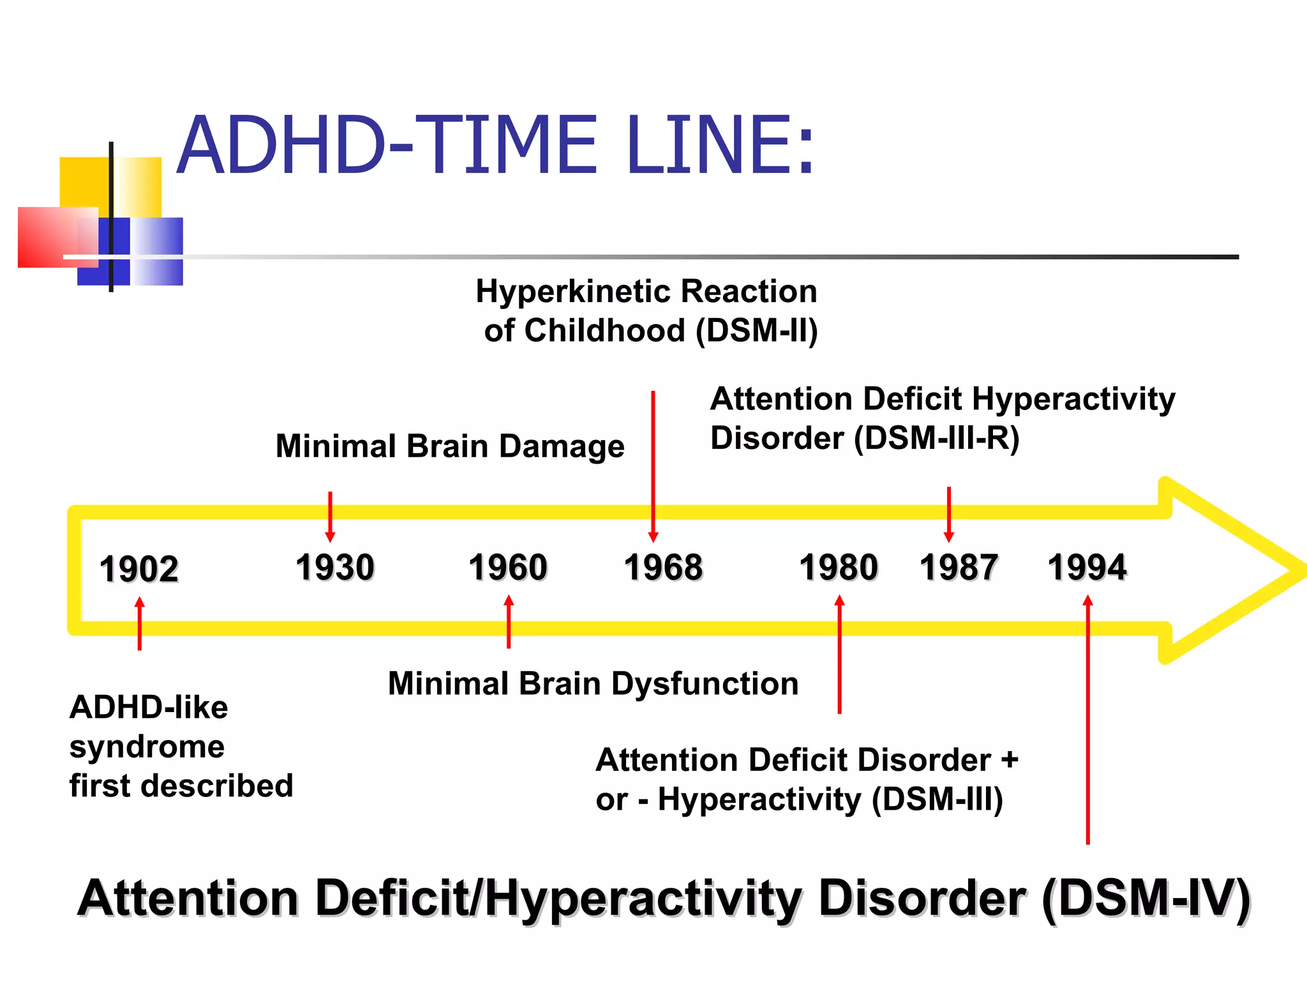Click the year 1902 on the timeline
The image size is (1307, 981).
click(x=138, y=568)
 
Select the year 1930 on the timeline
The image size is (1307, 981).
click(x=335, y=567)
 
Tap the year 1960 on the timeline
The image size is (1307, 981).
click(x=508, y=567)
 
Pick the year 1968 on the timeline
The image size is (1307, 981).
click(x=664, y=567)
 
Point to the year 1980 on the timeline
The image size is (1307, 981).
click(x=839, y=567)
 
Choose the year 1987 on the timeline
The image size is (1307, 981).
click(x=959, y=567)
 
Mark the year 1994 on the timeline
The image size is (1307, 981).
click(x=1087, y=567)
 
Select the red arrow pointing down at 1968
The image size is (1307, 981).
click(x=653, y=466)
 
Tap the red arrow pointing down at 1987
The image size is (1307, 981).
click(x=949, y=514)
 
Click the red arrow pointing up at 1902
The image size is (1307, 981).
click(x=140, y=623)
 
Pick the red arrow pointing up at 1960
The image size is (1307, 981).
click(x=509, y=621)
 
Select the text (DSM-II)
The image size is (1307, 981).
click(x=757, y=331)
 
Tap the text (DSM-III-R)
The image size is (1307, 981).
click(x=937, y=439)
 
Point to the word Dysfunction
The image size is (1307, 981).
click(x=705, y=683)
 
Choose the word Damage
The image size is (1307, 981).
click(x=562, y=446)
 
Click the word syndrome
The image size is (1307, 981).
click(x=147, y=747)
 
